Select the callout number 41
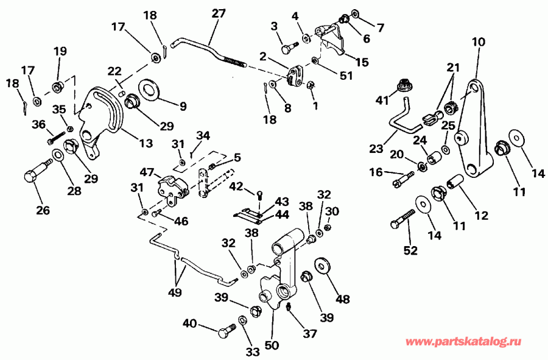(x=382, y=99)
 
